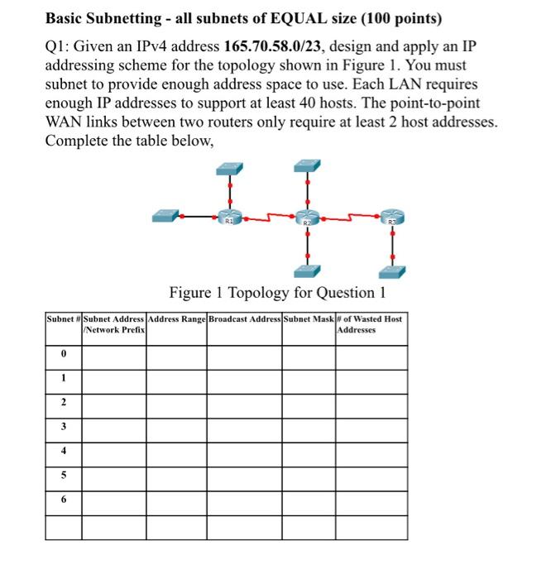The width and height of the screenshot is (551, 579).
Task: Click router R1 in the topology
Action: pyautogui.click(x=228, y=218)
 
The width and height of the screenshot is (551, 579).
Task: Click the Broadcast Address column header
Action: pyautogui.click(x=244, y=318)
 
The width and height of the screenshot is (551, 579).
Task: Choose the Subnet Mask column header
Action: pyautogui.click(x=309, y=318)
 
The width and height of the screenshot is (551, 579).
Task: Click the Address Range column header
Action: pyautogui.click(x=177, y=318)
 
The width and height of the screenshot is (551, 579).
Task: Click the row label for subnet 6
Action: pyautogui.click(x=63, y=500)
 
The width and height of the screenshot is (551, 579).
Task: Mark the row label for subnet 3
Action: pyautogui.click(x=63, y=428)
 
